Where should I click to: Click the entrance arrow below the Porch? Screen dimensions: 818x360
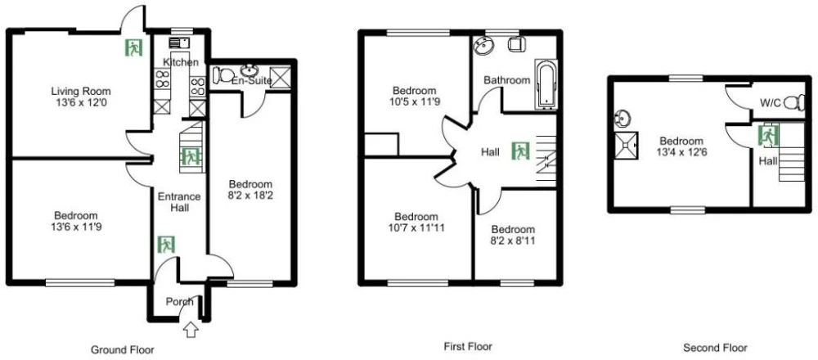[x=191, y=330]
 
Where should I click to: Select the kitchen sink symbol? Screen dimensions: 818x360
[x=179, y=43]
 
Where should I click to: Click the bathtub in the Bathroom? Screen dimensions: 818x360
[x=546, y=86]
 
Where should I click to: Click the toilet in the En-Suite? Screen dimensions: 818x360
[x=223, y=75]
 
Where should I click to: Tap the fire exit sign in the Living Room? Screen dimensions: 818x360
[x=133, y=48]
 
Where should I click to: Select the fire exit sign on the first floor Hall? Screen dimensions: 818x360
[x=520, y=151]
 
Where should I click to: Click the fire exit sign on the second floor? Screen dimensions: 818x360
[x=768, y=136]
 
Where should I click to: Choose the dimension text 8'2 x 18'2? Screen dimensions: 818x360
[x=251, y=196]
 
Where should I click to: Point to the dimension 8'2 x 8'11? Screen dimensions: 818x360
[x=513, y=241]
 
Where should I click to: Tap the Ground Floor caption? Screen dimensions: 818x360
[x=123, y=349]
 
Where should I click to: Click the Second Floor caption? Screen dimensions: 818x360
[x=715, y=348]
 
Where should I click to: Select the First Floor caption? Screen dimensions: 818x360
[x=468, y=346]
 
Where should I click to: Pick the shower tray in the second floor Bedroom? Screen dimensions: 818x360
[x=626, y=146]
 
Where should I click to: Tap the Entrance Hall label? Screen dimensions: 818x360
[x=179, y=202]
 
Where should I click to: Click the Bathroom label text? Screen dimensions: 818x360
[x=506, y=80]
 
